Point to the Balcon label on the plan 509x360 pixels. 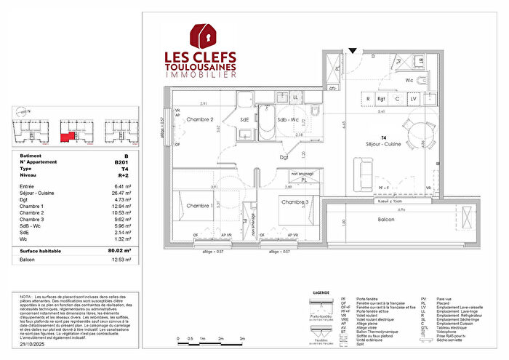pyautogui.click(x=386, y=219)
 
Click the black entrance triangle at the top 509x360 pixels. pyautogui.click(x=353, y=51)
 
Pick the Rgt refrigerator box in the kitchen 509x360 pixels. pyautogui.click(x=382, y=99)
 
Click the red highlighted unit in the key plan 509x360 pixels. pyautogui.click(x=68, y=136)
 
